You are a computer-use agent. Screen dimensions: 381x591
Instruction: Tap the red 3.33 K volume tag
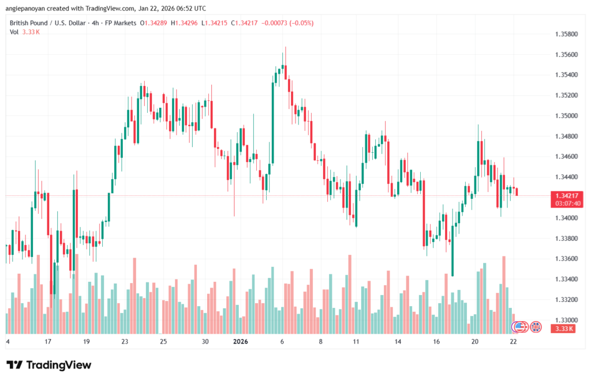coord(563,328)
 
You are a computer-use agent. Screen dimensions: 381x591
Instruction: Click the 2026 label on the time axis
coord(240,341)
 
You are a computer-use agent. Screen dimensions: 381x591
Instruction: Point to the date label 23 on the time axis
coord(125,341)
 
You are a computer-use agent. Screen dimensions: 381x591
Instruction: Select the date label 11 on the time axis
coord(356,341)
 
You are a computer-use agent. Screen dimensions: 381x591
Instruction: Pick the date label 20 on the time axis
coord(475,341)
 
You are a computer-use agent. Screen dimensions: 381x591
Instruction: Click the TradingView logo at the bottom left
coord(48,365)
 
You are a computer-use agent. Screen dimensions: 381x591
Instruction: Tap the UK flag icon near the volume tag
coord(536,327)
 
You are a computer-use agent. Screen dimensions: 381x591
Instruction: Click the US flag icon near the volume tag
coord(519,327)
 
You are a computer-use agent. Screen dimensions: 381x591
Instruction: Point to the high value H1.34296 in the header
coord(184,22)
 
